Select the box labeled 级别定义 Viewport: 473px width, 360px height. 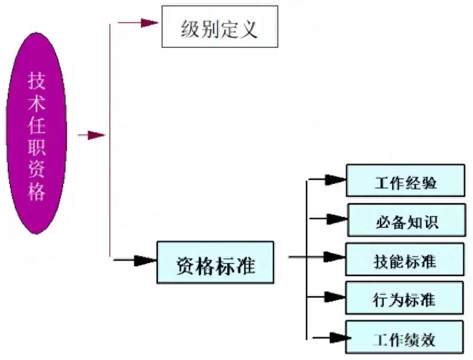click(219, 27)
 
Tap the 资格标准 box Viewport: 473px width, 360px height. click(215, 262)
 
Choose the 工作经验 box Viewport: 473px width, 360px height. click(405, 180)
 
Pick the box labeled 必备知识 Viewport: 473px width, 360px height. click(406, 220)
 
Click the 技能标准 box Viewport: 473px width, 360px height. click(405, 259)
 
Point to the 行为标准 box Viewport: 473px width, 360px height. click(405, 298)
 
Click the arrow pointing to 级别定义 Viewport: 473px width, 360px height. click(140, 23)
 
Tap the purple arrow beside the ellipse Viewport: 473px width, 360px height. click(91, 135)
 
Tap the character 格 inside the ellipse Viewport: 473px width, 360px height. click(37, 192)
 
